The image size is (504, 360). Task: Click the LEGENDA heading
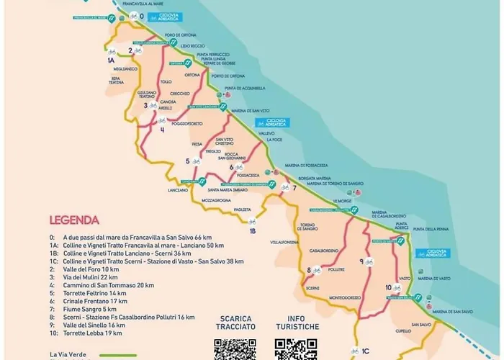pos(74,220)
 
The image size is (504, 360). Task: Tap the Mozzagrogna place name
pos(217,198)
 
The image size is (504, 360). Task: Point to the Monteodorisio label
pos(346,297)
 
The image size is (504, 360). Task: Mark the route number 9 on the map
pos(361,261)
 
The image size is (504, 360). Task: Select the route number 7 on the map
pos(294,188)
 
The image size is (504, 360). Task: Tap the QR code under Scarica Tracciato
pos(235,348)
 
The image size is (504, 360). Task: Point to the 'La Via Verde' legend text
pos(68,354)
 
